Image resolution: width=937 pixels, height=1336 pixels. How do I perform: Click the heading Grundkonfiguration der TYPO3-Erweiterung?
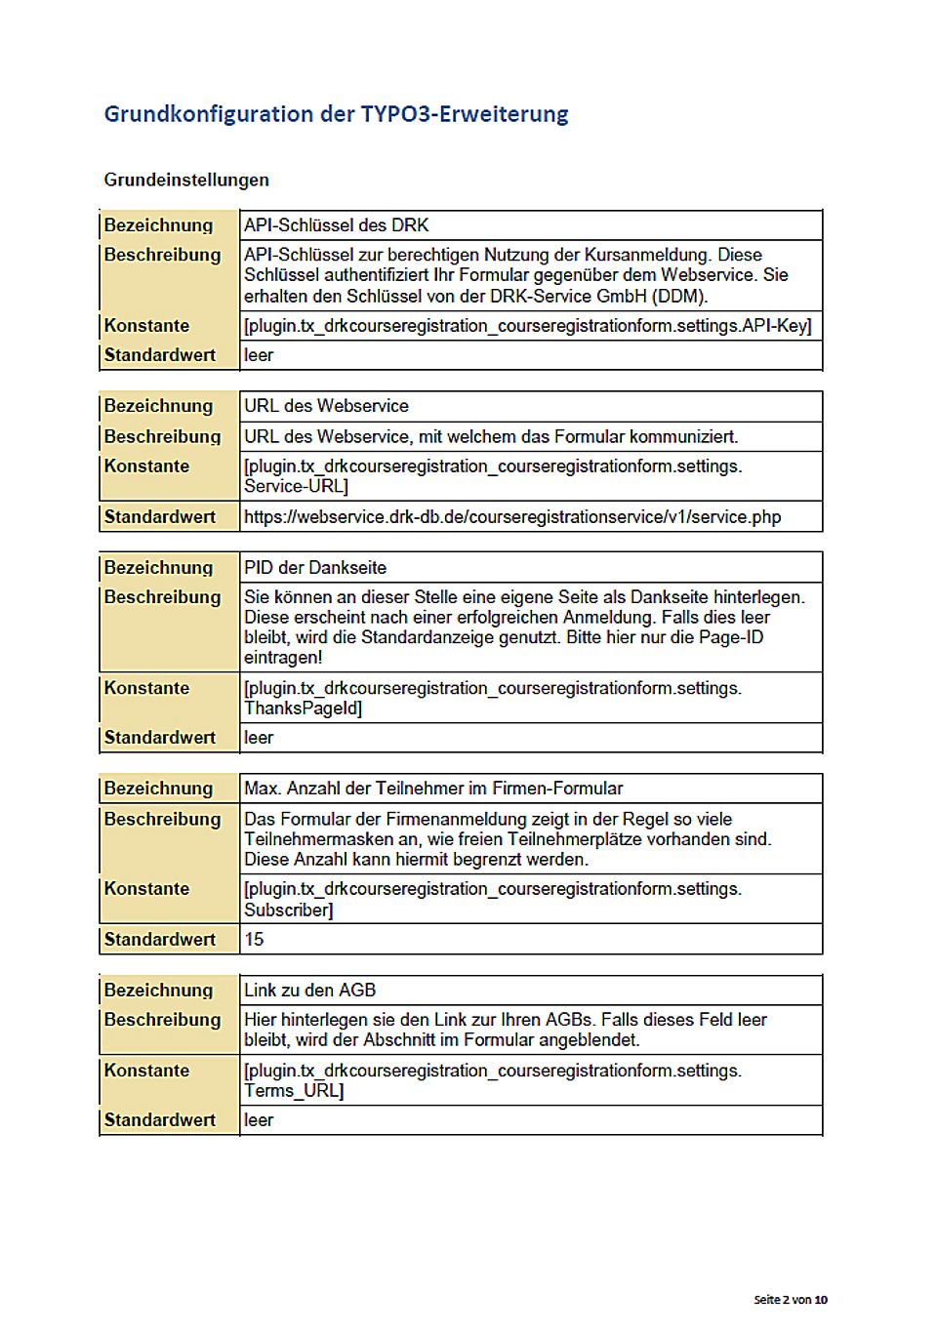pos(336,114)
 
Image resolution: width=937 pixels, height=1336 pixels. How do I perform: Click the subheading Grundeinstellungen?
pos(186,180)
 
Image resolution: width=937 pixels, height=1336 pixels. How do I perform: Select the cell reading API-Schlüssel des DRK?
pos(337,225)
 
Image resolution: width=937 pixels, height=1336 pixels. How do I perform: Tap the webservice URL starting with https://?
pos(512,517)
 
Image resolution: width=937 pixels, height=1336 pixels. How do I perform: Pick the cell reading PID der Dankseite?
pos(315,568)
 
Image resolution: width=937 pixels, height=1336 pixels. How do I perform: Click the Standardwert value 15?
pos(254,940)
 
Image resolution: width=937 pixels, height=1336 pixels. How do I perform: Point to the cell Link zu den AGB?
pos(309,991)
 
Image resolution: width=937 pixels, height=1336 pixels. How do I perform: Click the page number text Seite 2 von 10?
pos(791,1300)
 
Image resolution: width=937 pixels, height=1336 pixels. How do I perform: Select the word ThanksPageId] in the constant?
pos(303,708)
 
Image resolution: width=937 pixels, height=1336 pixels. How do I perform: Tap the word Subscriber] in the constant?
pos(288,911)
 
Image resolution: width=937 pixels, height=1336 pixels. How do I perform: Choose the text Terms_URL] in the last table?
pos(294,1091)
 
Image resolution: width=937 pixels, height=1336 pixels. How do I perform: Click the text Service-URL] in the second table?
pos(296,486)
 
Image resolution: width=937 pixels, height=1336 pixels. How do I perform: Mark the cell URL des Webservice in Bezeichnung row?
pos(326,406)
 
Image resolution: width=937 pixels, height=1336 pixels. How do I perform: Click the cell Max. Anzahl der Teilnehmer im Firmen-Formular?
pos(433,789)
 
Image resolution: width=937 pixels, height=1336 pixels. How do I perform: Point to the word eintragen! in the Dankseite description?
pos(283,658)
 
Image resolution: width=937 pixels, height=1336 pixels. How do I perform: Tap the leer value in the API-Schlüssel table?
pos(259,355)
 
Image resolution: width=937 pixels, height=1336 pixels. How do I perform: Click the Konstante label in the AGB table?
pos(146,1071)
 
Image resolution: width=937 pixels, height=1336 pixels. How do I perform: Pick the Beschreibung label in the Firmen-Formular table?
pos(162,820)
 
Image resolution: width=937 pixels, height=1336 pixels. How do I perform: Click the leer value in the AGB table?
pos(259,1120)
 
